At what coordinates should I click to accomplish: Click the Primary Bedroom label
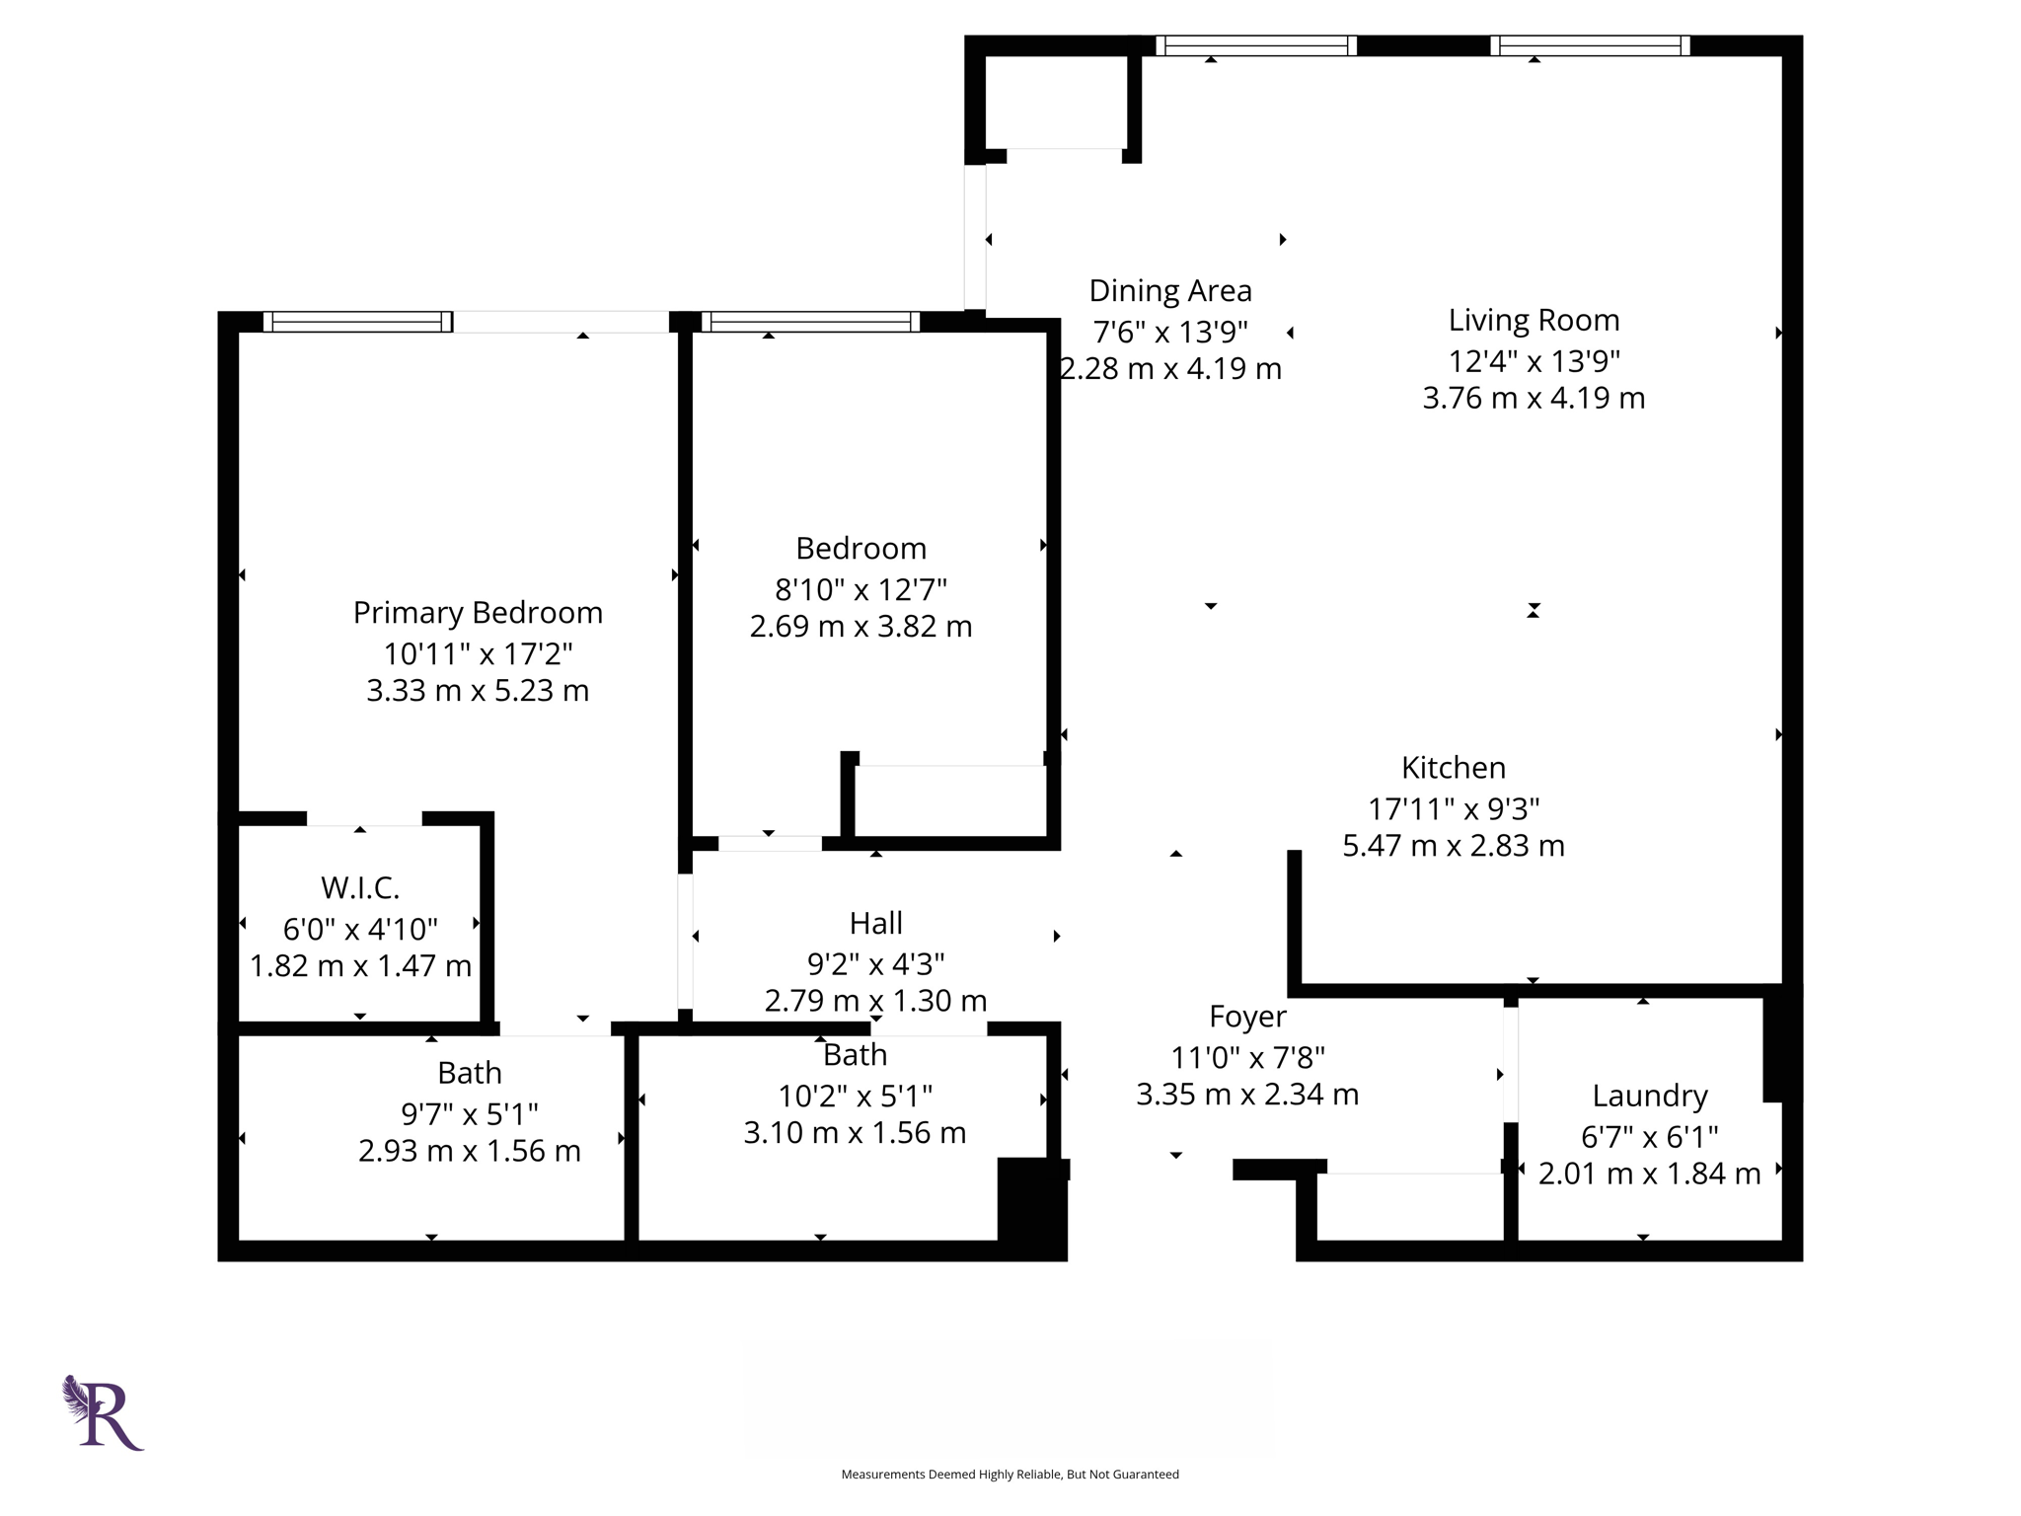click(x=478, y=613)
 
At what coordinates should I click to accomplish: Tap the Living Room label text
click(x=1534, y=320)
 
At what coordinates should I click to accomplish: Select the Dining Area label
click(x=1170, y=291)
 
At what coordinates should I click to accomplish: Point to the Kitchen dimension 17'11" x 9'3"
click(x=1454, y=809)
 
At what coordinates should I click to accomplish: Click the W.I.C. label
click(x=360, y=888)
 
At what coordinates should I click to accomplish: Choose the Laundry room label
click(x=1649, y=1096)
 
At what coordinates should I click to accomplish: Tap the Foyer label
click(x=1247, y=1017)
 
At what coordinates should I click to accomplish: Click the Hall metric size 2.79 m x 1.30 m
click(x=875, y=1001)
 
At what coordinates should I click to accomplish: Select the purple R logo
click(x=104, y=1413)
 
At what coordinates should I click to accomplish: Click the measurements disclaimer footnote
click(x=1010, y=1475)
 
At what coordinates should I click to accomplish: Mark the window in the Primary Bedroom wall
click(x=357, y=322)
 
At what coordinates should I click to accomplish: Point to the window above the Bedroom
click(x=810, y=322)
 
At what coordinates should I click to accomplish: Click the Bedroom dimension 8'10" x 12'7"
click(x=861, y=590)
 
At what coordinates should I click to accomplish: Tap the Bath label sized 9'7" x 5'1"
click(x=470, y=1073)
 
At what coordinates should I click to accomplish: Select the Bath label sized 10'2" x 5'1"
click(x=855, y=1055)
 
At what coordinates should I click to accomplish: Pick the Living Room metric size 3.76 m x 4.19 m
click(x=1534, y=399)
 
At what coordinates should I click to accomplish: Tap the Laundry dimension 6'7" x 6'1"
click(x=1649, y=1137)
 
